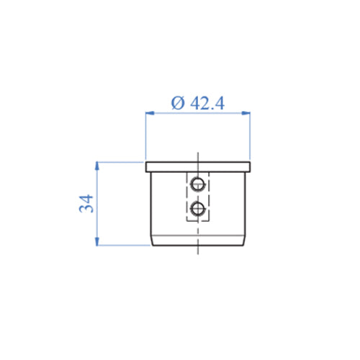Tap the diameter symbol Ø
[x=178, y=102]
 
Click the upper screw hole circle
[x=197, y=185]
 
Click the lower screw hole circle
[x=197, y=210]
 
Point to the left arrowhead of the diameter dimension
[x=148, y=112]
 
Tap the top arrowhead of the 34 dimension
[x=96, y=166]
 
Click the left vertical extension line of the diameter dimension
[x=145, y=137]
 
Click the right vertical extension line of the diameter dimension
[x=250, y=137]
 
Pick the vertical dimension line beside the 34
[x=96, y=216]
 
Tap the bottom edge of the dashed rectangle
[x=197, y=222]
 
